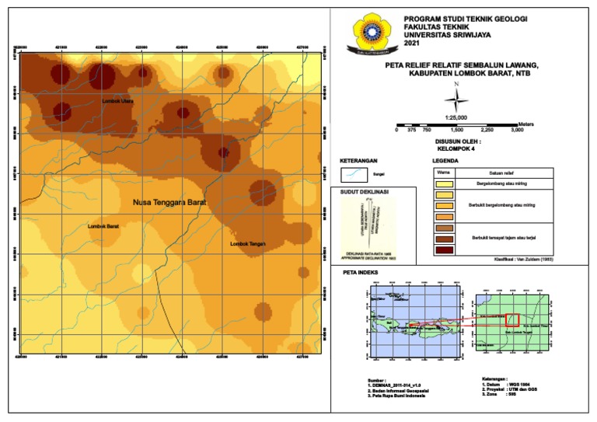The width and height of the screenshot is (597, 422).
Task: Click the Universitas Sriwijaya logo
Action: click(x=369, y=35)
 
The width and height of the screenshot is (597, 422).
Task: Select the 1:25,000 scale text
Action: click(x=456, y=117)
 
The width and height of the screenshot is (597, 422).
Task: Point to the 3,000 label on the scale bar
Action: click(x=517, y=131)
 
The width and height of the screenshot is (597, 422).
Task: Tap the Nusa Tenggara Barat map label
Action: click(x=169, y=201)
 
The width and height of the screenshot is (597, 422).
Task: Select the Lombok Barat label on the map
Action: click(x=103, y=226)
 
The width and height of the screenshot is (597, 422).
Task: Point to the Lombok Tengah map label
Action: click(x=248, y=244)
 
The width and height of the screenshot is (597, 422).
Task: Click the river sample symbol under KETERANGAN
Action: click(x=356, y=175)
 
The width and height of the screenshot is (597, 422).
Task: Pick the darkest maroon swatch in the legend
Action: click(x=445, y=249)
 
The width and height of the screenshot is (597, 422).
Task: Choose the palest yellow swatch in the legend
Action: click(x=445, y=183)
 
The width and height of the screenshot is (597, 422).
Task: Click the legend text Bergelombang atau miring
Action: click(x=502, y=183)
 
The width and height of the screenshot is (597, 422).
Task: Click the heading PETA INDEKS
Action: click(x=361, y=273)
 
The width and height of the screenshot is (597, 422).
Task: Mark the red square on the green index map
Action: click(x=512, y=319)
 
